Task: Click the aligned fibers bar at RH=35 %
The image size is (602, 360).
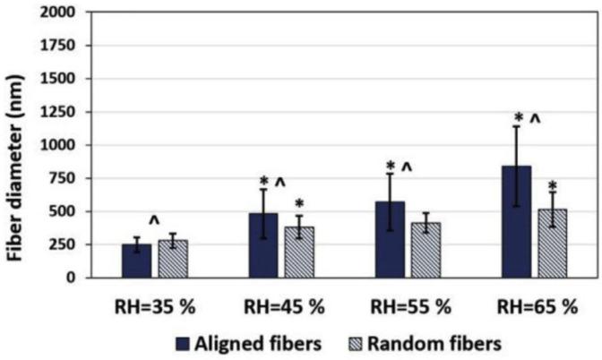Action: [136, 261]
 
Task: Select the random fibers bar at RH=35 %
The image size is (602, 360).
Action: [171, 259]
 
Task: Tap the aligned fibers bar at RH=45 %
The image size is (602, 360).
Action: [263, 245]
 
